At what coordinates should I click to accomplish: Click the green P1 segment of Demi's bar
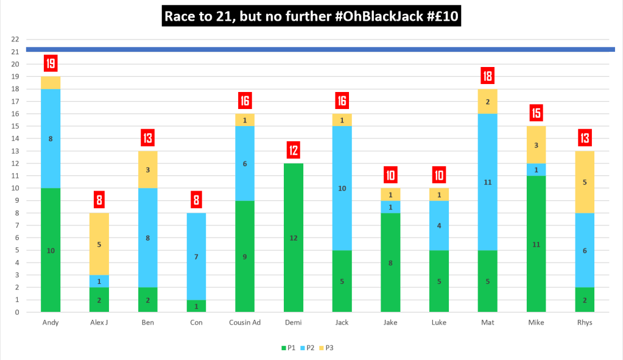[x=292, y=238]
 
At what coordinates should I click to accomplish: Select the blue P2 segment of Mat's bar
[x=487, y=182]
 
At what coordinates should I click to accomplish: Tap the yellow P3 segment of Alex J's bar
[x=98, y=244]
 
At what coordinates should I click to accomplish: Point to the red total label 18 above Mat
[x=487, y=76]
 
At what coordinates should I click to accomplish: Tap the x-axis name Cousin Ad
[x=244, y=322]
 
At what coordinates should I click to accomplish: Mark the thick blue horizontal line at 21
[x=317, y=49]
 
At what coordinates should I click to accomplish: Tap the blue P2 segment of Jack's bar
[x=341, y=189]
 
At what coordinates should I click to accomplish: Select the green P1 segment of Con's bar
[x=195, y=306]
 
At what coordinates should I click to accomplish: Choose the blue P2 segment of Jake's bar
[x=390, y=207]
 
